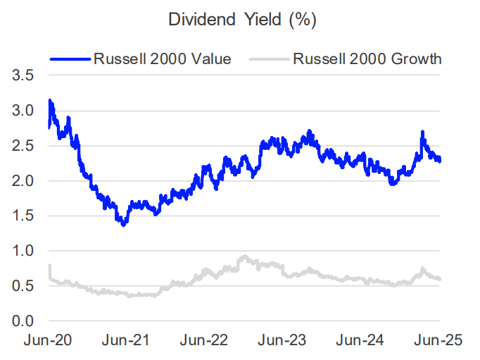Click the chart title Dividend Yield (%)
coord(242,20)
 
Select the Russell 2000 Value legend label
coord(162,58)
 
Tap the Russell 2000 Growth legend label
coord(367,58)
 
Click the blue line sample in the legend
coord(70,59)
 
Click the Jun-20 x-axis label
coord(49,341)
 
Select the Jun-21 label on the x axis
coord(127,341)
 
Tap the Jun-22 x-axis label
coord(206,341)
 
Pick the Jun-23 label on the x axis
coord(284,341)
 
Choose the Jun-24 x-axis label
coord(362,341)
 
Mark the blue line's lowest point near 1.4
coord(124,224)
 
